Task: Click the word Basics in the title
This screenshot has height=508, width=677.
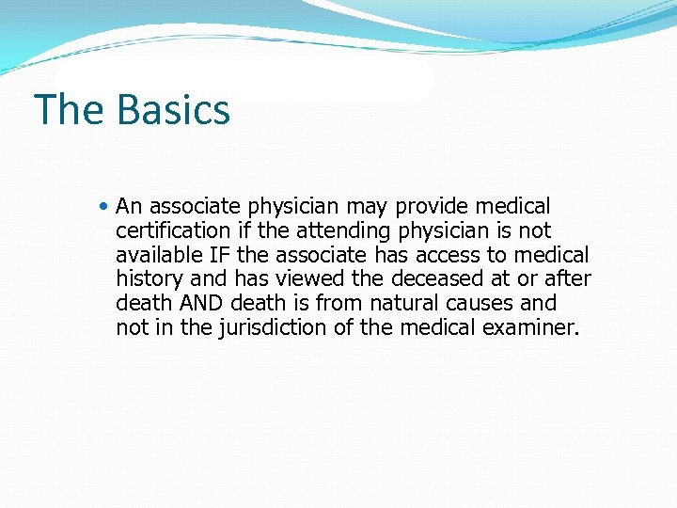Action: pos(174,109)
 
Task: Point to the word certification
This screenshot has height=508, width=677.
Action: pos(172,230)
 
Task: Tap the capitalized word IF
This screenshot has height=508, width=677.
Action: pos(220,255)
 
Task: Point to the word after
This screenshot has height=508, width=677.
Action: pos(567,279)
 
